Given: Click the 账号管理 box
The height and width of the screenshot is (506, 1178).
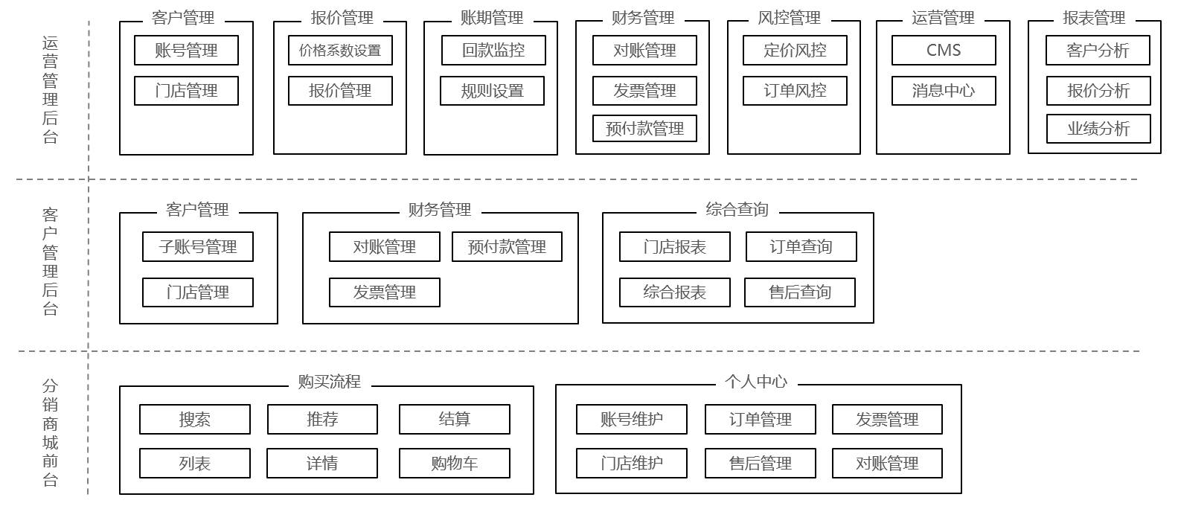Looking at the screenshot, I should [186, 51].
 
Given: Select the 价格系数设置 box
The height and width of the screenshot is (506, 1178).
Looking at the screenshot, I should [340, 51].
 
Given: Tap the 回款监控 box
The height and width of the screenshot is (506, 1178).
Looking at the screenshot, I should [493, 51].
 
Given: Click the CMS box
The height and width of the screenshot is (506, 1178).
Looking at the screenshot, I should [944, 51].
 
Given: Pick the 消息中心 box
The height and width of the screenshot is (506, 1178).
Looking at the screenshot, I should [944, 91].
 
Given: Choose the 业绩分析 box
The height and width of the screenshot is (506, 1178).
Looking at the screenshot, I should [1098, 129].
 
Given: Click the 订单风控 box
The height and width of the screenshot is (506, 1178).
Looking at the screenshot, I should [795, 91].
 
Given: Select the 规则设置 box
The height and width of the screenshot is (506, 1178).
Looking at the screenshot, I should [492, 91].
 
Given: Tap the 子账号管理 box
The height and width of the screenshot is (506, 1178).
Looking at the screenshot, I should [198, 247].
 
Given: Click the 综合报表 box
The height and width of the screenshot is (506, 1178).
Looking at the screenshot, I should [674, 292].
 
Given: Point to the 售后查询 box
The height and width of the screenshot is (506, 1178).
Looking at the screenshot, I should [800, 292].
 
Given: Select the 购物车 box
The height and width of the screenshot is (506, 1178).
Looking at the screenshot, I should [455, 464].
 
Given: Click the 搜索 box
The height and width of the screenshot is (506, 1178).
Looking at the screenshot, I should [195, 420].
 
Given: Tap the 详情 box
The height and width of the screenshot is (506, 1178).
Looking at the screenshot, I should [322, 464].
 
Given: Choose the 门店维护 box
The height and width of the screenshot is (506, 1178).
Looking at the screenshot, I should [632, 464].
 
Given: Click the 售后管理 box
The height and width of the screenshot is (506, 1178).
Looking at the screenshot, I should [761, 464].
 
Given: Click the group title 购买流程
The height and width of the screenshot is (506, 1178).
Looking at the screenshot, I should [330, 382].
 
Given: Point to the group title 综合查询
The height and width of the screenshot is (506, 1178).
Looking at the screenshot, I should [737, 210].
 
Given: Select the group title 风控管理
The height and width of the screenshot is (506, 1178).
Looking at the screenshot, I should [789, 18].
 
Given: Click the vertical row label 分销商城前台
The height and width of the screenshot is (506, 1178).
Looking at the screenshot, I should [50, 432].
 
